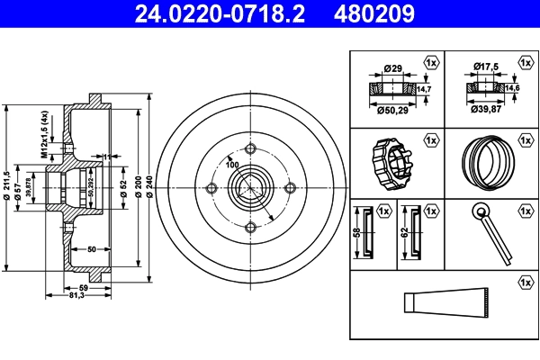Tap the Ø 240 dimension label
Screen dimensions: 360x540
point(148,187)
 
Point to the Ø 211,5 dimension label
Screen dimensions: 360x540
point(7,187)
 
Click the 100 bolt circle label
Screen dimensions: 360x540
point(232,166)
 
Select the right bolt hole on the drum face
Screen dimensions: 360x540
point(289,188)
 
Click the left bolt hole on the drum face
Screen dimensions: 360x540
point(211,188)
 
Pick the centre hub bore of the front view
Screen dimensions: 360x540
point(250,188)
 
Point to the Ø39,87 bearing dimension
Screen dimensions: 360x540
point(486,110)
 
